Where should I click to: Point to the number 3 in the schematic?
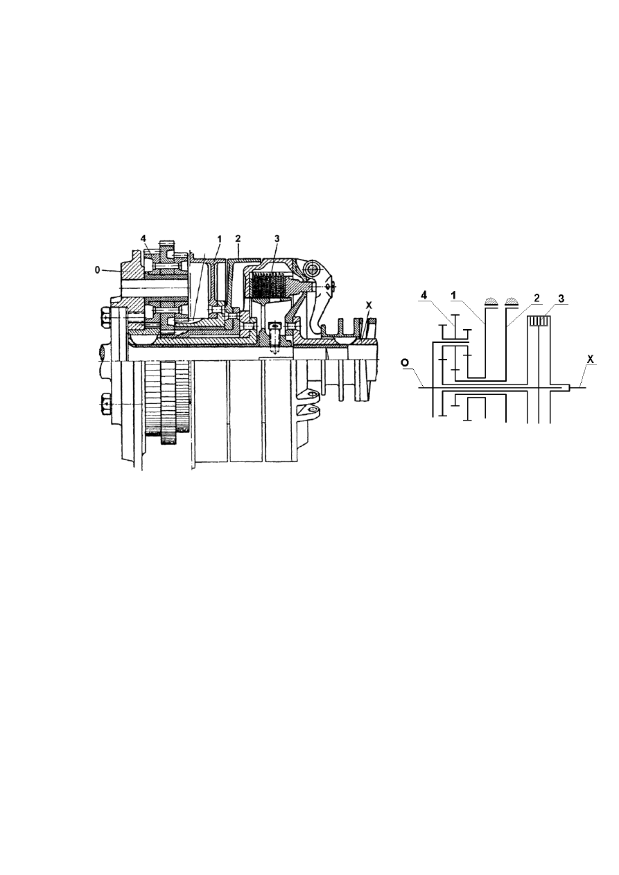(561, 299)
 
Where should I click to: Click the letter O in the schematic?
(405, 363)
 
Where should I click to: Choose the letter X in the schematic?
(591, 360)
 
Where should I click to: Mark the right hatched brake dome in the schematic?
(511, 301)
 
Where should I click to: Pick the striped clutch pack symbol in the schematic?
(539, 321)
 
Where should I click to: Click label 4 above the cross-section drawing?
(143, 238)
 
